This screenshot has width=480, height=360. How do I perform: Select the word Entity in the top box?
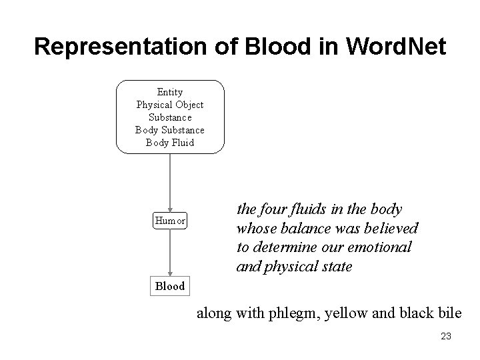click(x=170, y=92)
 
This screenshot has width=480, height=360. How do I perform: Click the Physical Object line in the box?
click(x=170, y=105)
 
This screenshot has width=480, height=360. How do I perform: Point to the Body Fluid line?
click(x=170, y=143)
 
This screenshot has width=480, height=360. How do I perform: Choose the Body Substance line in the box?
click(x=170, y=130)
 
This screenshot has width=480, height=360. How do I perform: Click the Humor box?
click(x=170, y=220)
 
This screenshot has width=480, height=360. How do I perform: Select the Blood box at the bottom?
click(x=170, y=286)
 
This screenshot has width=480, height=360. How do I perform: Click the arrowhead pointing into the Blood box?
click(x=170, y=272)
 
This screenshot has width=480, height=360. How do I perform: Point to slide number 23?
click(x=446, y=337)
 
